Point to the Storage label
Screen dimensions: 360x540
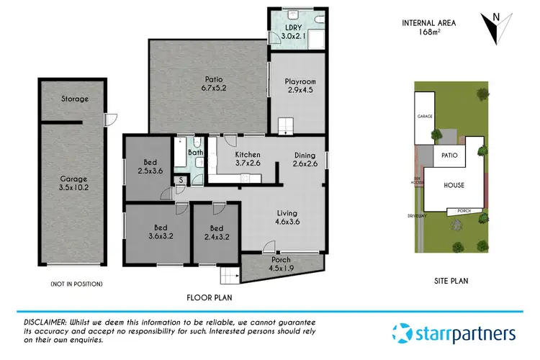point(75,99)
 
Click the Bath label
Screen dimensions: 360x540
point(195,153)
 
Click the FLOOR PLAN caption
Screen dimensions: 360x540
point(209,297)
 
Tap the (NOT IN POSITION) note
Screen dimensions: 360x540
point(76,284)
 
